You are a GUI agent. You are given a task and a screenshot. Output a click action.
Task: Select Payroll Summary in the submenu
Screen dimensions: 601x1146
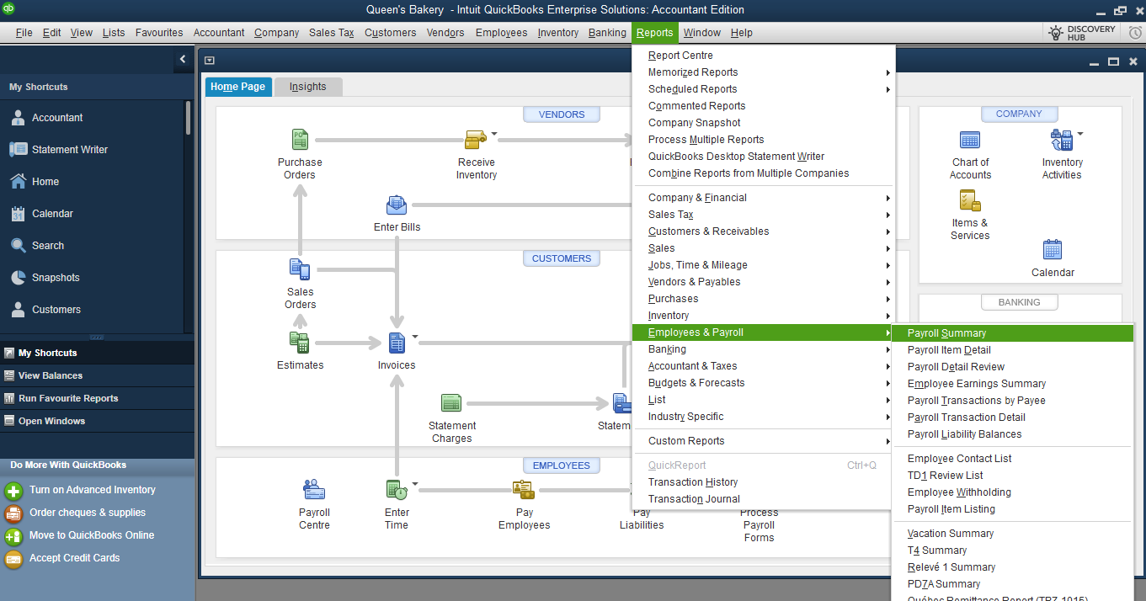[946, 333]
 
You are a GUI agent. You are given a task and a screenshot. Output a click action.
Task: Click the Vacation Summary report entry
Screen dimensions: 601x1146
[950, 534]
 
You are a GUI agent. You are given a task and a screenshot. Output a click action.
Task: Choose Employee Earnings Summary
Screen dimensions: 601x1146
[976, 384]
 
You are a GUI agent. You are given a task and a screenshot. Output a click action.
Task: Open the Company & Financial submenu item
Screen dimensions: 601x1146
[697, 198]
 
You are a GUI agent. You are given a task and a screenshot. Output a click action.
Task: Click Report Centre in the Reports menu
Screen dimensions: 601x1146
[680, 56]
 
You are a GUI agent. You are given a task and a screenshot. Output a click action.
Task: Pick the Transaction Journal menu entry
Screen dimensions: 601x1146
[693, 499]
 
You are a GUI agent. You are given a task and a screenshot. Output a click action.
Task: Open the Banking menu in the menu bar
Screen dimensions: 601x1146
[607, 33]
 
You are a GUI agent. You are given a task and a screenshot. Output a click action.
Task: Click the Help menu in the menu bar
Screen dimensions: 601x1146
[741, 33]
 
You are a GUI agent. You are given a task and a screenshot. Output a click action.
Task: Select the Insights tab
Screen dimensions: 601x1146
[307, 87]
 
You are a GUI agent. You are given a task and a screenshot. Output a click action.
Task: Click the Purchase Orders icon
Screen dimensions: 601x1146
[300, 140]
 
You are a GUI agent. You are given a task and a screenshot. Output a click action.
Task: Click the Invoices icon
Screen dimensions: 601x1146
[397, 343]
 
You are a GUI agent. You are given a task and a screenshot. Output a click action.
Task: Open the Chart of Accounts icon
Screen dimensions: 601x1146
[970, 141]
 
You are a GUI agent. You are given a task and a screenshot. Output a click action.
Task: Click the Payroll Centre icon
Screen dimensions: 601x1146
[314, 490]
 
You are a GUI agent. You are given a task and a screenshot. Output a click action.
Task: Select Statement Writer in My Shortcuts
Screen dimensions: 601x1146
[70, 150]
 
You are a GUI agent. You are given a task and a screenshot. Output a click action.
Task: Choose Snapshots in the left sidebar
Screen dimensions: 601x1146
[56, 278]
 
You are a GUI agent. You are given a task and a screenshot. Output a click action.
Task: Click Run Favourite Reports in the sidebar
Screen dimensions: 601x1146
[68, 398]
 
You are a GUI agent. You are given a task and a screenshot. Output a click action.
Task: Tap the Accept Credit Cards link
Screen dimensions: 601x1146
[74, 558]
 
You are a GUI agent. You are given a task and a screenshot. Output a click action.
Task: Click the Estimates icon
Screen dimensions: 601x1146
[300, 343]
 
